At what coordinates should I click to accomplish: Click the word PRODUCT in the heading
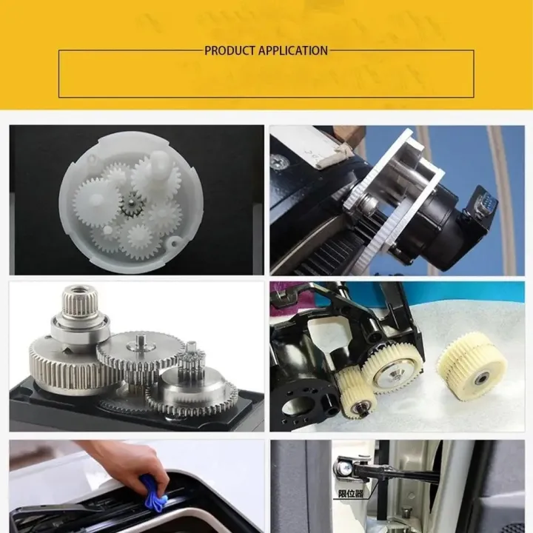pos(229,50)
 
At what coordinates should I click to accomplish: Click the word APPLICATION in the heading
pos(293,50)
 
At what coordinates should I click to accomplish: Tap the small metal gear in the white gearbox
pos(133,204)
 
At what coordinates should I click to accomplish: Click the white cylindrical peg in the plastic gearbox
pos(160,164)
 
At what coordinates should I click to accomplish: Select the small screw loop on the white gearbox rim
pos(173,243)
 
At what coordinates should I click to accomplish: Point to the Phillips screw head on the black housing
pos(280,162)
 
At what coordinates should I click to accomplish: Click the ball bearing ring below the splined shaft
pos(81,328)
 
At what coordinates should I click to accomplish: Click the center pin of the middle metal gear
pos(141,341)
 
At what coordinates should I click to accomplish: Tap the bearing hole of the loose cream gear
pos(482,379)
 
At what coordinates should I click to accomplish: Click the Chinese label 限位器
pos(351,493)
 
